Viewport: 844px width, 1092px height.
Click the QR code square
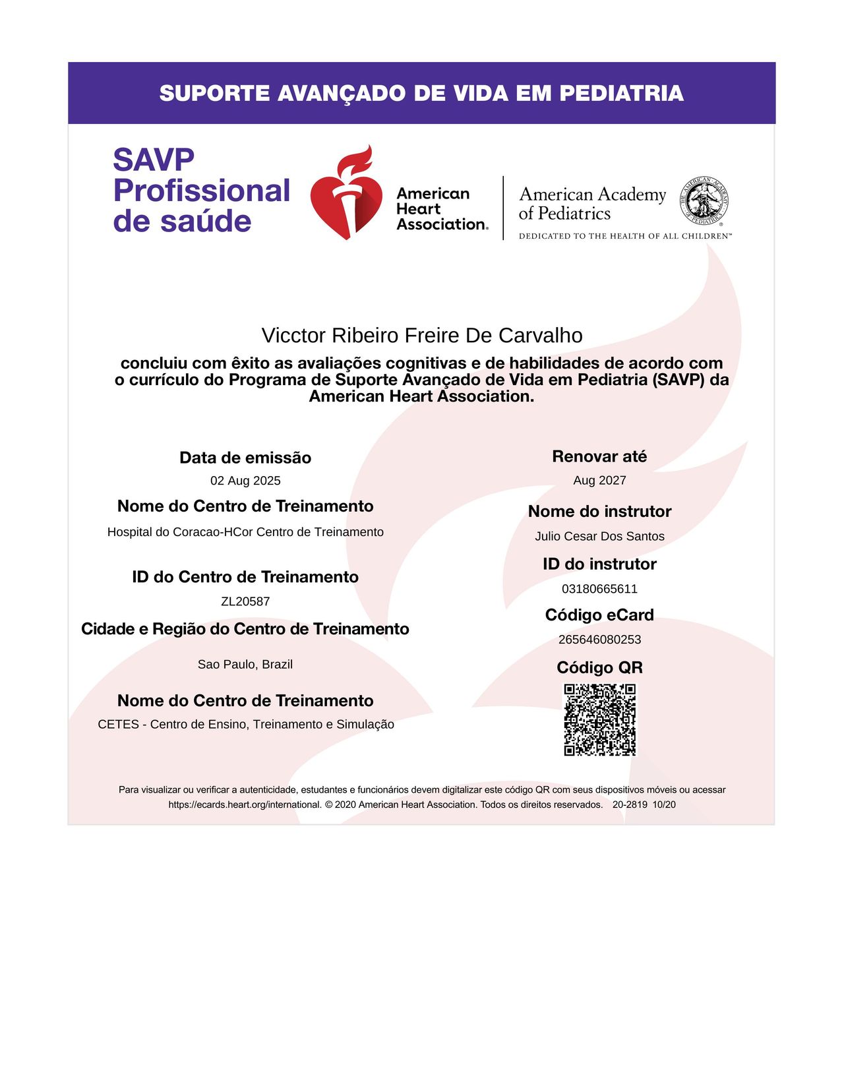click(x=599, y=719)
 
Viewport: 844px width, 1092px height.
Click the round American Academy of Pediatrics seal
click(x=704, y=200)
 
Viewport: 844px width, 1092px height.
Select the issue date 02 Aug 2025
click(x=245, y=481)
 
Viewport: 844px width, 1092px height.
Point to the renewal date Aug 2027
click(x=599, y=480)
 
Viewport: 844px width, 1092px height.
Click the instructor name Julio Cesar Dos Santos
click(x=599, y=536)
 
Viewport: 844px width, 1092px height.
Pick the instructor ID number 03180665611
click(x=599, y=589)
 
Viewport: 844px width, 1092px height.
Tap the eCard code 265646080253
click(x=599, y=640)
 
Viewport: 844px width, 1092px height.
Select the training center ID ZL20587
click(x=245, y=601)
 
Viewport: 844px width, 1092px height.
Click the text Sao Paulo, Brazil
click(x=245, y=664)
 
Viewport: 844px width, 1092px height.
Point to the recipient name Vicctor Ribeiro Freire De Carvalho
click(x=422, y=336)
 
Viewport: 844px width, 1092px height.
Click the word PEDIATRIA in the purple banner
click(x=621, y=94)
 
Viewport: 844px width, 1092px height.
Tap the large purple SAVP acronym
click(x=154, y=160)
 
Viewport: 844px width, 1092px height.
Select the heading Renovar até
click(x=599, y=456)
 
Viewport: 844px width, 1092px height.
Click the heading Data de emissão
click(x=245, y=458)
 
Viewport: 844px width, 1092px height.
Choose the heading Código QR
click(x=599, y=667)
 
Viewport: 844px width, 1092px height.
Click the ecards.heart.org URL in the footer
click(x=245, y=804)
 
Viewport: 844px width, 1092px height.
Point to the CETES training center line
click(x=246, y=724)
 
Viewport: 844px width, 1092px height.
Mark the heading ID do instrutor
click(x=599, y=564)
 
